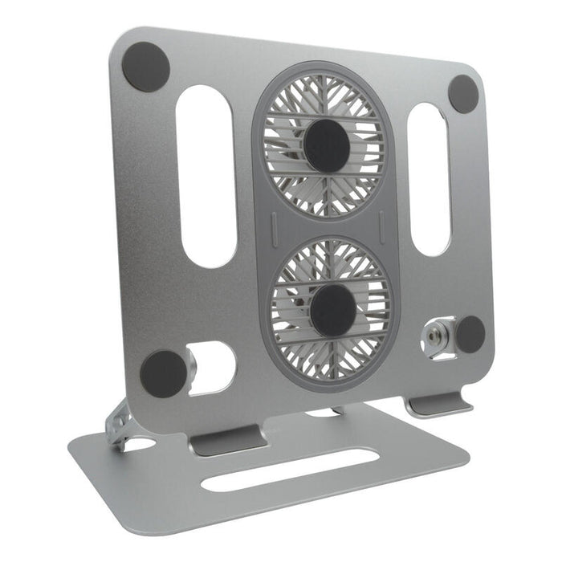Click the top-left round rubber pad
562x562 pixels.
(145, 66)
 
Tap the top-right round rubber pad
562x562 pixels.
(463, 94)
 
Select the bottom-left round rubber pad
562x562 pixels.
(163, 374)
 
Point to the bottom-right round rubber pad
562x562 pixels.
(470, 334)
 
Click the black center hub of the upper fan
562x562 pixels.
(326, 145)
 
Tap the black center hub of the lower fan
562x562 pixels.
(333, 310)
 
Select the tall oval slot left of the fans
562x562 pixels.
(206, 176)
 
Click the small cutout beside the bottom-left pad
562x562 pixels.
(214, 367)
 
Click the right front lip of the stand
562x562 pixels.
(438, 404)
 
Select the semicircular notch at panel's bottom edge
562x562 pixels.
(321, 413)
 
